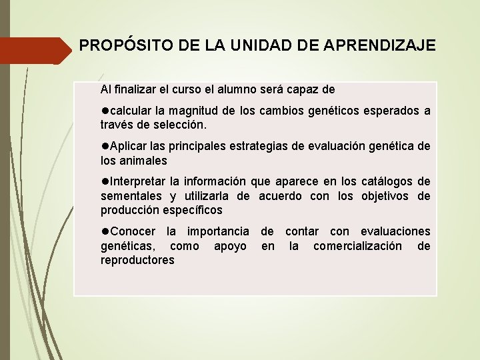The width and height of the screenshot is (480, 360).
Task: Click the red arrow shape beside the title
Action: pyautogui.click(x=33, y=50)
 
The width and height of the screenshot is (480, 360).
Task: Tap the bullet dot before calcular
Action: pyautogui.click(x=105, y=110)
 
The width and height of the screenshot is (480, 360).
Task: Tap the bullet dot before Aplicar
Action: pyautogui.click(x=105, y=146)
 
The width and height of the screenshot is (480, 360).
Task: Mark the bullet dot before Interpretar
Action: pyautogui.click(x=105, y=181)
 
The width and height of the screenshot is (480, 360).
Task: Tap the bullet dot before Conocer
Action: pyautogui.click(x=105, y=231)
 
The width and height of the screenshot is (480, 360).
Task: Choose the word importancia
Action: pyautogui.click(x=218, y=231)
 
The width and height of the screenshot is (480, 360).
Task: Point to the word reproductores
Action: pyautogui.click(x=137, y=260)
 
